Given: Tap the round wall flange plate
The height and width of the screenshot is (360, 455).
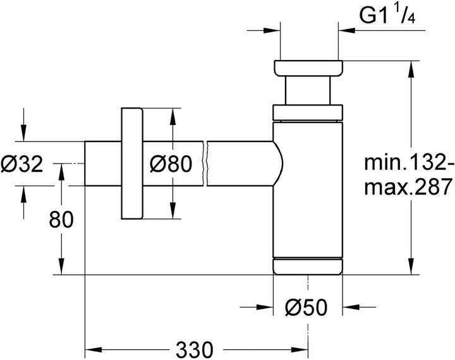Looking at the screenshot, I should click(x=132, y=164).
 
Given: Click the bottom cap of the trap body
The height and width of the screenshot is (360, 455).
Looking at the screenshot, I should click(x=308, y=267).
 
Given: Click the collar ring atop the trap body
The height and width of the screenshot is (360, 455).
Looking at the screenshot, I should click(x=308, y=113).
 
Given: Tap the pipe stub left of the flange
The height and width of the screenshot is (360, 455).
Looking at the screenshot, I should click(x=102, y=164).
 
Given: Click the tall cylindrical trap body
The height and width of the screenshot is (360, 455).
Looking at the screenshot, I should click(x=308, y=189).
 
